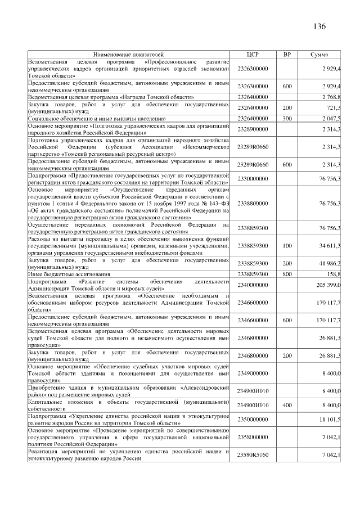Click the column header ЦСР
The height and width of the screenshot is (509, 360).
point(253,55)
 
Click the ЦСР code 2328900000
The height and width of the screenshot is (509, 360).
point(253,129)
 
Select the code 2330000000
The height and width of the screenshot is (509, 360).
point(253,178)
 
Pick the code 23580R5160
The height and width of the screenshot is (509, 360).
point(253,454)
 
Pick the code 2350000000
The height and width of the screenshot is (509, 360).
point(253,420)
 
